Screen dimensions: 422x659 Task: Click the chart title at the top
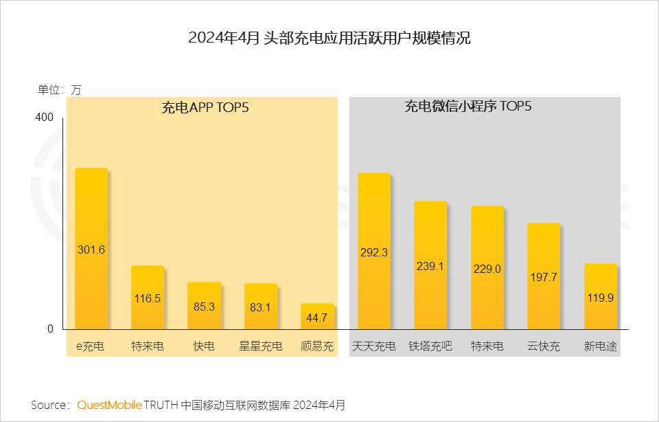tap(329, 38)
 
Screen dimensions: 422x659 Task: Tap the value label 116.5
tap(148, 298)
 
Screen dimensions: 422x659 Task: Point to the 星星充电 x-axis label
tap(261, 346)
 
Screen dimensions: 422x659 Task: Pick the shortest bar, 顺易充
tap(317, 316)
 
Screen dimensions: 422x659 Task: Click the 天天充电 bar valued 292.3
tap(374, 251)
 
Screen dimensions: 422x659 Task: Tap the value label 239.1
tap(430, 266)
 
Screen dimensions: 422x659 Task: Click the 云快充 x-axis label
tap(544, 346)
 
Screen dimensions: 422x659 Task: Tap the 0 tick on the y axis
tap(49, 329)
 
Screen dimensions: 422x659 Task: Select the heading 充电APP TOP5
tap(205, 107)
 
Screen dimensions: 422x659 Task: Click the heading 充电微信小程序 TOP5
tap(468, 107)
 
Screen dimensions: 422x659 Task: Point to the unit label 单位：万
tap(59, 89)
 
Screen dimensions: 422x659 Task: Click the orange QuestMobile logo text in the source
tap(110, 405)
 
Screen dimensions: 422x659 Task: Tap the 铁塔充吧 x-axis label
tap(430, 346)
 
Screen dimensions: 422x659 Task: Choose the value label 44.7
tap(317, 318)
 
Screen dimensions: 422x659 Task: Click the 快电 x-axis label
tap(204, 346)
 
